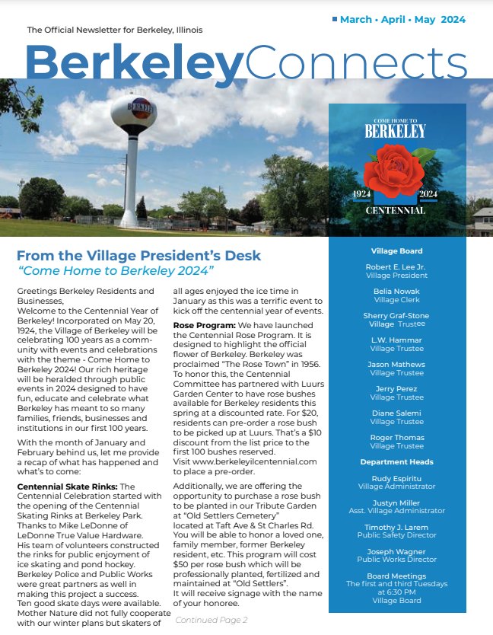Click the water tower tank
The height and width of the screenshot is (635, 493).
(133, 111)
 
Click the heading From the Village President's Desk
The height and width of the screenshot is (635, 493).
(138, 256)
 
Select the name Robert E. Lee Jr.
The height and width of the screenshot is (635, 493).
(396, 267)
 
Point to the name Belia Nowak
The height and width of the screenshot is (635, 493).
(396, 292)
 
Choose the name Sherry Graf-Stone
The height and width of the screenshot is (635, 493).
(396, 316)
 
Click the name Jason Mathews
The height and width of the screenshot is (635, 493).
(396, 365)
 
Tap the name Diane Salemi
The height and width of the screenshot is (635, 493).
(396, 413)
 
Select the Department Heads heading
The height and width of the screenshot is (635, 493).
(396, 461)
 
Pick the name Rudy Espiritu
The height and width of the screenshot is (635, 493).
(396, 479)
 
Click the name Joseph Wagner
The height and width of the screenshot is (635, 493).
(396, 551)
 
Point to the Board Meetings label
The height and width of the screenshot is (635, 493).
(396, 576)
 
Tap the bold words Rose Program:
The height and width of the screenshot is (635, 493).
(202, 325)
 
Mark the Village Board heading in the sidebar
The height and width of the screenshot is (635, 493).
(396, 250)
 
